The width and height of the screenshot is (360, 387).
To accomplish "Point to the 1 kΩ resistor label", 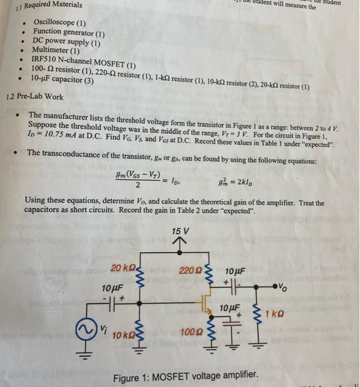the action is [x=274, y=314].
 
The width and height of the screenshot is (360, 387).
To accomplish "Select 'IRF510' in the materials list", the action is [x=45, y=59].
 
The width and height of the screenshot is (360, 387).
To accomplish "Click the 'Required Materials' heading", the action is [x=49, y=5].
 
